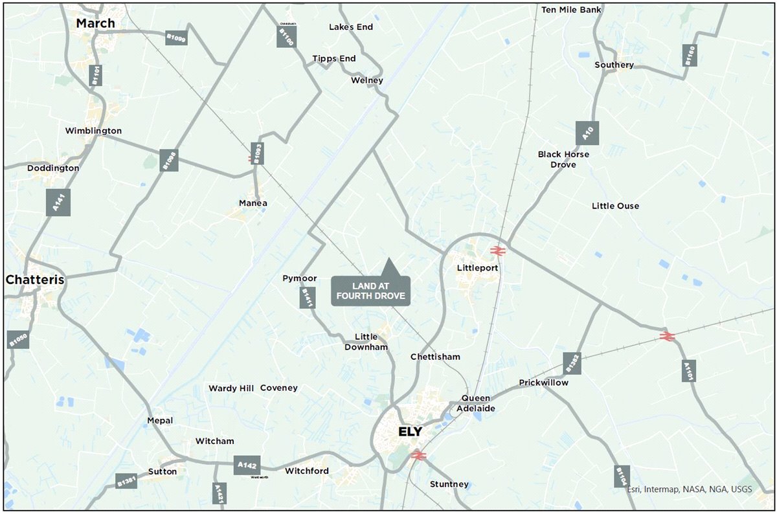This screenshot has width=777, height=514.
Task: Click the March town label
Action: pos(95,23)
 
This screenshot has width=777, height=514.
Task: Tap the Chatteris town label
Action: pos(36,280)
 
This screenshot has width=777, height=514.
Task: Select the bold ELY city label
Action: pos(410,432)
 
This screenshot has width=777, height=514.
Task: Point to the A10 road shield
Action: pos(587,133)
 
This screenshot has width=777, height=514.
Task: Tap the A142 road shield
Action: pos(247,465)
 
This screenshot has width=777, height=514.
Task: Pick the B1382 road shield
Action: pos(572,363)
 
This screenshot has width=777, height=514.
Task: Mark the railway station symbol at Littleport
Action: pos(497,251)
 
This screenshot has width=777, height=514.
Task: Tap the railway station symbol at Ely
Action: pos(418,456)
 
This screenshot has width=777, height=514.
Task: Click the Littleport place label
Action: pos(477,267)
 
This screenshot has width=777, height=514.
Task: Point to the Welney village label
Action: pos(367,80)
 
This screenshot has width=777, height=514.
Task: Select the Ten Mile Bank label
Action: pos(571,10)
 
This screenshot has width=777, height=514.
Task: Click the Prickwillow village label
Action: pos(543,383)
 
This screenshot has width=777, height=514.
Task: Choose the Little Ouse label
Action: pos(615,206)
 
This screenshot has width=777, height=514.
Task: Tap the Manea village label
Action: pos(253,203)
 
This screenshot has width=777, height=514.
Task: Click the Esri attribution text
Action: pos(689,489)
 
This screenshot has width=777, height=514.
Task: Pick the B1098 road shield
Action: pos(169,161)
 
